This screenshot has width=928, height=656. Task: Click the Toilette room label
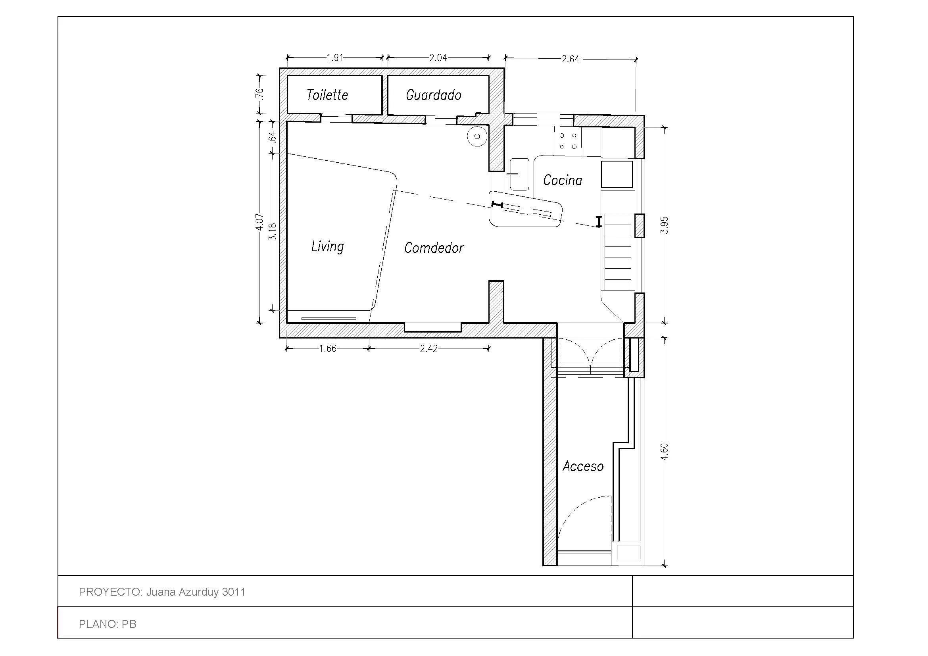(x=327, y=95)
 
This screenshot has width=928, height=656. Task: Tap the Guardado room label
(x=433, y=95)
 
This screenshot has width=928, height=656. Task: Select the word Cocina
(x=562, y=180)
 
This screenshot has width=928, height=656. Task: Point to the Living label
(x=327, y=246)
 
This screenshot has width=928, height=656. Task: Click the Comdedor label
(x=434, y=248)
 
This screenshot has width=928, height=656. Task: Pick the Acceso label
(x=583, y=466)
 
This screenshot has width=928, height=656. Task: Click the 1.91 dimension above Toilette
(x=335, y=58)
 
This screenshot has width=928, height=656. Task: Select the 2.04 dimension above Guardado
(x=438, y=58)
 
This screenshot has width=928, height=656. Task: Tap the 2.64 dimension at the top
(x=570, y=60)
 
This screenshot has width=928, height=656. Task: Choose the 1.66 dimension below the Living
(x=327, y=349)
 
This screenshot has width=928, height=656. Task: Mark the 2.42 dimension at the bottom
(x=428, y=349)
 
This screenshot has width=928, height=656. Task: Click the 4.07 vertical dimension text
(x=260, y=222)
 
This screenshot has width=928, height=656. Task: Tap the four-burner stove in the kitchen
(x=567, y=141)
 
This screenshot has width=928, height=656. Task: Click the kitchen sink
(x=519, y=174)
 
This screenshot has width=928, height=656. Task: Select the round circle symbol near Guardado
(x=477, y=137)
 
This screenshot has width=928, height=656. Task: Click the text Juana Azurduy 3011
(x=196, y=592)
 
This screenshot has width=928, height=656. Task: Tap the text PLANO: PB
(x=108, y=624)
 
